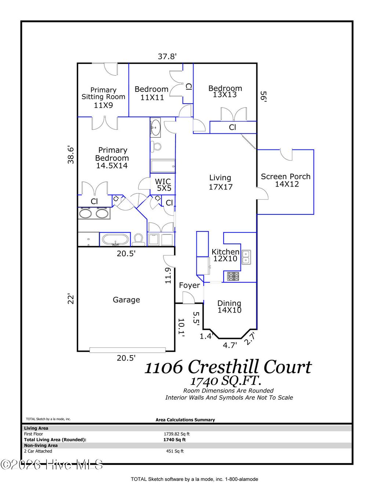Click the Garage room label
coord(126,300)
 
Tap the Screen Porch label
coord(286,180)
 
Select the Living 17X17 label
coord(220,182)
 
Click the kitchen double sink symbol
coord(246,257)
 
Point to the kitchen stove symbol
coord(233,276)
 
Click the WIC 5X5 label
coord(163,185)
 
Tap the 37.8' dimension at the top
coord(167,57)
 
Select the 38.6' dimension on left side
coord(71,155)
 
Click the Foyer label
coord(189,285)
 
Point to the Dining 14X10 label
coord(229,307)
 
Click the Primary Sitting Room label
coord(103,97)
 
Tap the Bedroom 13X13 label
coord(225,91)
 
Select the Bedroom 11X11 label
coord(151,93)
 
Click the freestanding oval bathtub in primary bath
coord(116,240)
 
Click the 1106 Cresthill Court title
coord(228,367)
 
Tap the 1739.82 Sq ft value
coord(177,434)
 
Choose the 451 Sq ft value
coord(175,451)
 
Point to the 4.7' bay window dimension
coord(230,345)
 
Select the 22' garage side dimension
coord(71,299)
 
